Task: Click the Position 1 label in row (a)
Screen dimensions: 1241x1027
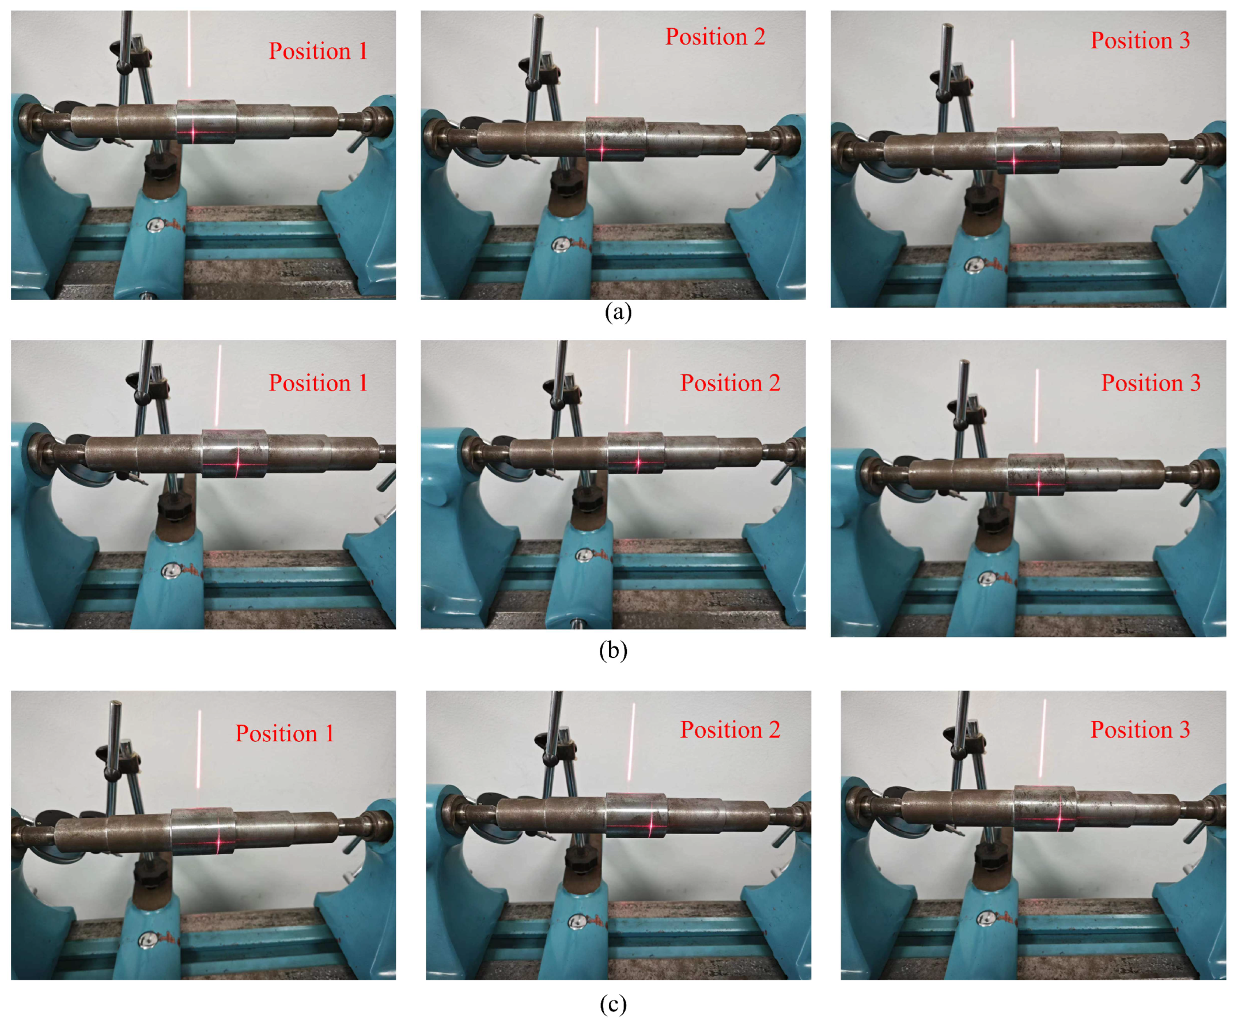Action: [x=318, y=51]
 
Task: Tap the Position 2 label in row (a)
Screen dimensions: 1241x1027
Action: [x=715, y=37]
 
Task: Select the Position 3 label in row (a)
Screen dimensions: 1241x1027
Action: [x=1140, y=40]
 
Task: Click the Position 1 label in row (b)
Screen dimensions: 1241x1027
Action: [x=318, y=383]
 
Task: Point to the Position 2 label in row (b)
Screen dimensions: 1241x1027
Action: [x=730, y=383]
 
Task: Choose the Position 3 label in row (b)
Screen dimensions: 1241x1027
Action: [x=1151, y=383]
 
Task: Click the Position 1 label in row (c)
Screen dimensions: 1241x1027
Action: [x=285, y=733]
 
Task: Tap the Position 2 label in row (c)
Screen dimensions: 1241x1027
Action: [x=730, y=730]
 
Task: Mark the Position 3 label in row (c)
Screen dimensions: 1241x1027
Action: [x=1140, y=730]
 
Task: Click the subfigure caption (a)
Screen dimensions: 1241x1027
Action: [x=618, y=312]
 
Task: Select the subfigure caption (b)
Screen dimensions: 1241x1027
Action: [x=613, y=651]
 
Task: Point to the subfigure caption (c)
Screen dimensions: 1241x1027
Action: [x=613, y=1004]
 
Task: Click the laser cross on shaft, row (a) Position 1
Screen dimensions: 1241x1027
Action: [x=193, y=133]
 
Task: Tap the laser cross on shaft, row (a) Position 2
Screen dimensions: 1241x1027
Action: [x=601, y=150]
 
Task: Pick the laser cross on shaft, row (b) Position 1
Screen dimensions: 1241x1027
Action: [x=237, y=463]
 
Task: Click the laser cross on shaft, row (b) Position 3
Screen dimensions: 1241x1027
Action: [x=1038, y=484]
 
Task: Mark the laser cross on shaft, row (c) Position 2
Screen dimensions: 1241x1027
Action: [x=652, y=825]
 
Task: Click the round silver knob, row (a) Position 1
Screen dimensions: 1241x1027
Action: [x=155, y=225]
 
